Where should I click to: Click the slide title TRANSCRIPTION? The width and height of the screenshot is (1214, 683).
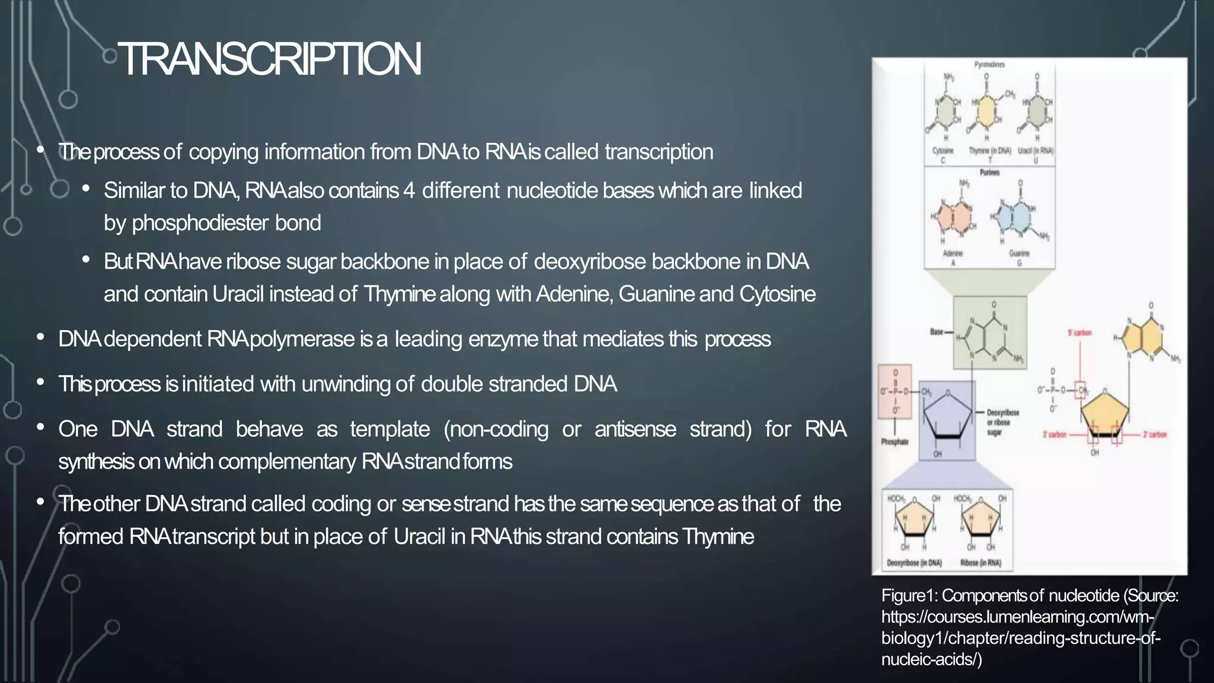270,59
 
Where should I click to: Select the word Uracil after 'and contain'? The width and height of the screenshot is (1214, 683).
238,294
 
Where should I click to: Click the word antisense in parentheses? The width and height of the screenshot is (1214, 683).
635,429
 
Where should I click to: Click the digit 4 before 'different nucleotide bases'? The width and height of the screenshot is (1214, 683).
408,190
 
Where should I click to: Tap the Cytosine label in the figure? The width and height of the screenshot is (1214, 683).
943,151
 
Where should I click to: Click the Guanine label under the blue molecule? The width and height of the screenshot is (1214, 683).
1019,253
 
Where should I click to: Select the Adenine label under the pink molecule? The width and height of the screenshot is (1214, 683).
953,253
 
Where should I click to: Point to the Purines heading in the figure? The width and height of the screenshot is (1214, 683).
989,173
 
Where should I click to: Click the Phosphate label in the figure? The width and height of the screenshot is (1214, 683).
894,442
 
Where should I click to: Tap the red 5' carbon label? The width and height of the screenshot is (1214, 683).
1079,333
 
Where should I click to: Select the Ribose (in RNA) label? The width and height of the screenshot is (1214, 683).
980,563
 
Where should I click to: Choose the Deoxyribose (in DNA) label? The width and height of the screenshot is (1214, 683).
914,563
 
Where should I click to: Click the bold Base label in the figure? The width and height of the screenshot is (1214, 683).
937,332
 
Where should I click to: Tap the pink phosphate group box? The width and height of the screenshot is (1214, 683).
894,392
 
